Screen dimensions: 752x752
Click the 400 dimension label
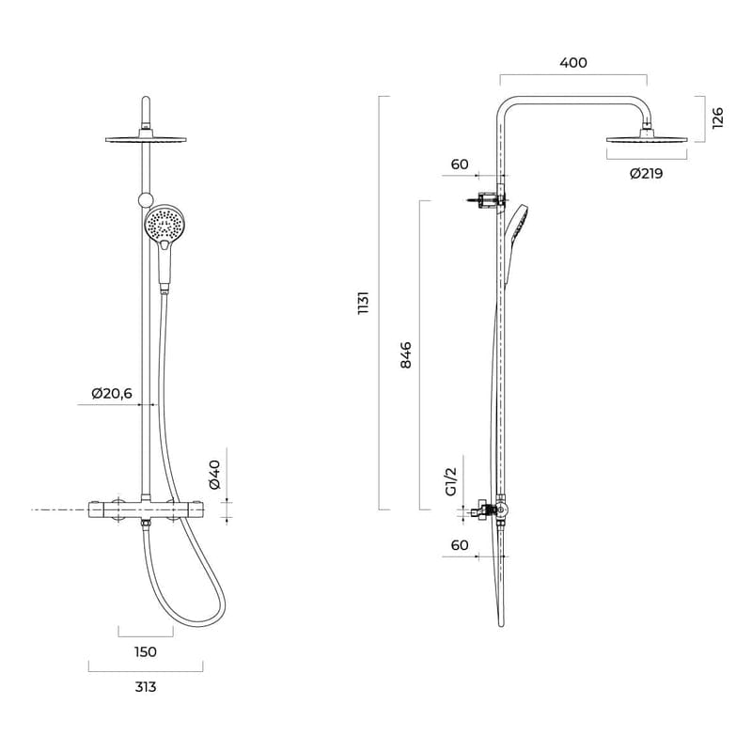pos(572,63)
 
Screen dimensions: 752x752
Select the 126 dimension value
pos(718,117)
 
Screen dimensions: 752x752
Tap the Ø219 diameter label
pos(646,173)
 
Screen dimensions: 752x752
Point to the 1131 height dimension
pos(364,303)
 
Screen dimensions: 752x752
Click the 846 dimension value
pos(406,354)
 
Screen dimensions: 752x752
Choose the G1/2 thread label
pos(450,481)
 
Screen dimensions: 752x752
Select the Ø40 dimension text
pos(214,474)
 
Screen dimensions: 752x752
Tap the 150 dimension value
pos(145,651)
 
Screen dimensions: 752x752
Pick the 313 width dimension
pos(145,686)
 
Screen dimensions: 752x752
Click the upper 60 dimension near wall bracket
pos(460,164)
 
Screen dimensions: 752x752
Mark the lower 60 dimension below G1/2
pos(460,545)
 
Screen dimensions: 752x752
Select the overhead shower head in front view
pos(146,140)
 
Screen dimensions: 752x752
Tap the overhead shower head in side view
pos(647,139)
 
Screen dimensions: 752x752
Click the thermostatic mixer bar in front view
pos(146,509)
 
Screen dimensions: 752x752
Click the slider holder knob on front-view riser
pos(144,198)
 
